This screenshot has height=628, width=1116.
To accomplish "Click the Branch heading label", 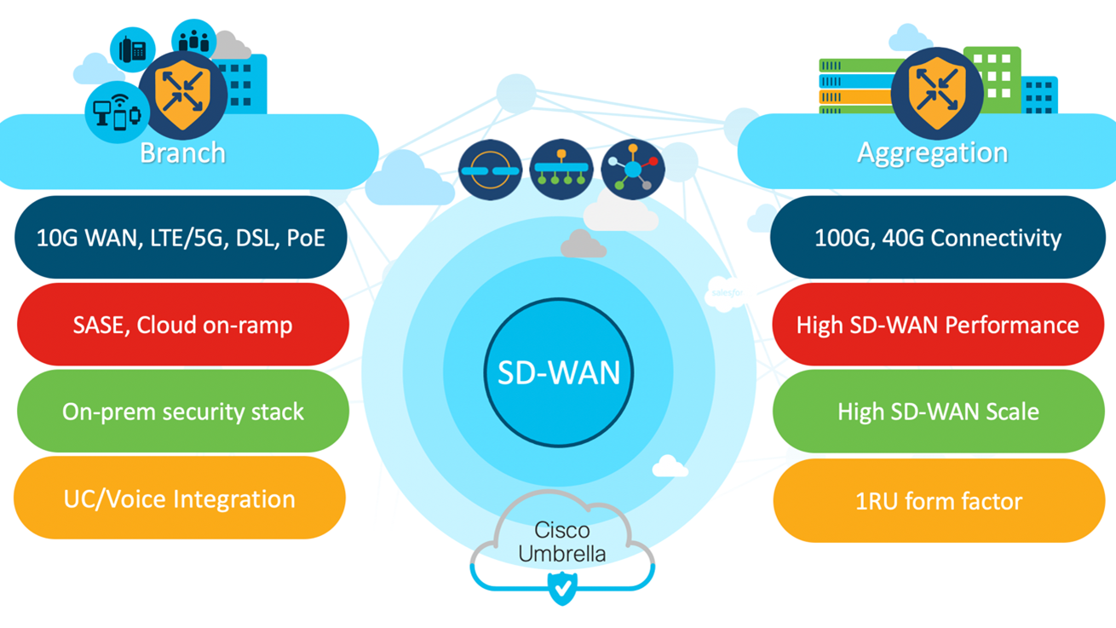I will (182, 153).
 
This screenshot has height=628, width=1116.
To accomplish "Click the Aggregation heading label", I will (932, 153).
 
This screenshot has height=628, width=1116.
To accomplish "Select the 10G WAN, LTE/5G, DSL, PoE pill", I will (181, 238).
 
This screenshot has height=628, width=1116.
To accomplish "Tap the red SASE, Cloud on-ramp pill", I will (182, 325).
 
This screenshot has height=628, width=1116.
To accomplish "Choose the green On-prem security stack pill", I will (182, 412).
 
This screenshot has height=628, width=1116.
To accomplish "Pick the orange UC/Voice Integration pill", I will (179, 498).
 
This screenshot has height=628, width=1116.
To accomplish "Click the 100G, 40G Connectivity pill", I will (937, 238).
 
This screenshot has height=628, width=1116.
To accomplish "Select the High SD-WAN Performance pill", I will (937, 325).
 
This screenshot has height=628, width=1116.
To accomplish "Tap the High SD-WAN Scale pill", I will (938, 412).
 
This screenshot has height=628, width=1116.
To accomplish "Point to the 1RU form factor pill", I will (938, 501).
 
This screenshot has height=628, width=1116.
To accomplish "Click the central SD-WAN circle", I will (558, 372).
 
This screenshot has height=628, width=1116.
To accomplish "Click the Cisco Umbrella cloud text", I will (562, 542).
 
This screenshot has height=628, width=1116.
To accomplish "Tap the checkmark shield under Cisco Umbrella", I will (561, 587).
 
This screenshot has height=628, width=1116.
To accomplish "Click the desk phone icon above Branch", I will (133, 49).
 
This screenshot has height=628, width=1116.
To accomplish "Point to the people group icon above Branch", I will (193, 40).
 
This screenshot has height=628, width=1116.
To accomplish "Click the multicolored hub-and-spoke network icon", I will (632, 170).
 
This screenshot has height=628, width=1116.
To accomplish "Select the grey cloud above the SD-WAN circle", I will (583, 245).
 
